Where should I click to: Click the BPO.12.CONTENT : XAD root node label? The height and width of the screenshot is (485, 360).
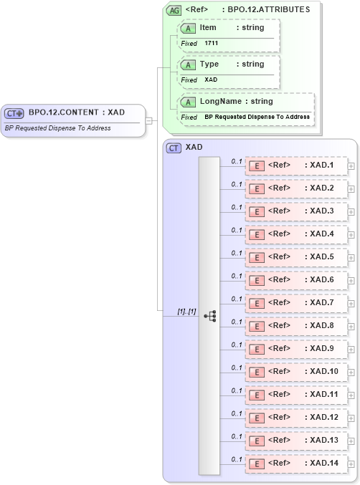76,112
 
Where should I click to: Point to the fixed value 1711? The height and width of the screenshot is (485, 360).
212,43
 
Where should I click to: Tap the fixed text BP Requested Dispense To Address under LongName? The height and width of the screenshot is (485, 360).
257,117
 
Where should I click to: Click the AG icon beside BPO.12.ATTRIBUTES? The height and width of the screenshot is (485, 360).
174,10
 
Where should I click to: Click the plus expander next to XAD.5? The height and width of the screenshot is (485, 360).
351,257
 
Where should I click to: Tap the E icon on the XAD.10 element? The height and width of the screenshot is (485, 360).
257,372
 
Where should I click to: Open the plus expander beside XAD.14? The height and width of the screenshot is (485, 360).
351,464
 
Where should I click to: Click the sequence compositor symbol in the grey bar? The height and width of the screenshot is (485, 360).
209,315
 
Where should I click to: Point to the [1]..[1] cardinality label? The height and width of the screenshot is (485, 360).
186,312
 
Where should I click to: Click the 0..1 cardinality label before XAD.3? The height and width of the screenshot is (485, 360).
236,207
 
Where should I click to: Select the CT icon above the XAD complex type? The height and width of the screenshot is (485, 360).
174,148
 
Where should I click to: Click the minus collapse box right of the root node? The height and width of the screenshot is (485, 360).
149,120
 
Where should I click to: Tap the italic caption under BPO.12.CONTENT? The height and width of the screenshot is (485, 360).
58,128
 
